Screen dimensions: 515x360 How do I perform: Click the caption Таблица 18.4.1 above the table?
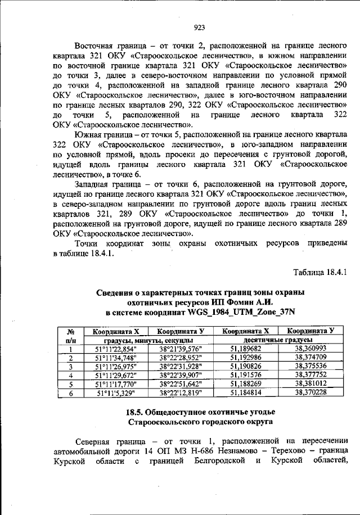(320, 273)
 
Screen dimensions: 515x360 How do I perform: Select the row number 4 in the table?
(70, 375)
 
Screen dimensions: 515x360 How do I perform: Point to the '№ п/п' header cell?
(70, 336)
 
